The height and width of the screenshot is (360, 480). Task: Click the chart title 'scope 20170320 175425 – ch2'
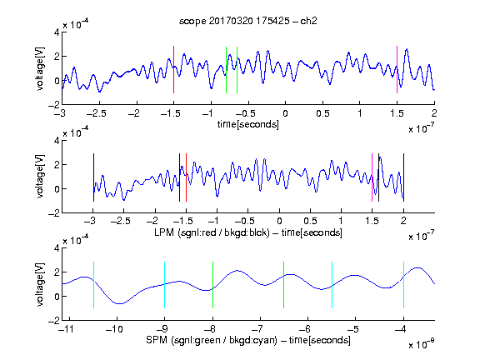248,21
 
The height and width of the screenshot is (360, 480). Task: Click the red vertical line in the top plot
173,69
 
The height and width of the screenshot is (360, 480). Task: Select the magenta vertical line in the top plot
397,69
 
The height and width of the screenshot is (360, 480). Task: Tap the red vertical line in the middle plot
186,177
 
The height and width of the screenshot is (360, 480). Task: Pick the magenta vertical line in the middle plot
372,177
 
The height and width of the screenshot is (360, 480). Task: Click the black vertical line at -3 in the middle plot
93,177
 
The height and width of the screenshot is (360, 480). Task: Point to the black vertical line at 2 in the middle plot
403,177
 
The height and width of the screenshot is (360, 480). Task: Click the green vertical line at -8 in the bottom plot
212,285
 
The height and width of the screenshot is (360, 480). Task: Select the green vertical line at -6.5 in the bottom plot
284,285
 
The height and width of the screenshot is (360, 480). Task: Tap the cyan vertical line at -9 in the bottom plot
165,285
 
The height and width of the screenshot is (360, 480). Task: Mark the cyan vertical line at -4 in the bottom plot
403,285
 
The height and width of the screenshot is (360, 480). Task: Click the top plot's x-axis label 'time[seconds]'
248,124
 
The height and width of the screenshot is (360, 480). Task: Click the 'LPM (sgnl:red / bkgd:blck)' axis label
212,232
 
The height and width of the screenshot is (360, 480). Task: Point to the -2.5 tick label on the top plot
97,113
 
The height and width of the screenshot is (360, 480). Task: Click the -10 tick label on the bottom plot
114,329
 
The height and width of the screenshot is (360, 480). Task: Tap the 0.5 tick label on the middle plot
310,221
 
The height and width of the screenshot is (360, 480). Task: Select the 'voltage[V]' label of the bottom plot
40,284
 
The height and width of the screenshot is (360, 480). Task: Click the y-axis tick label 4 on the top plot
57,32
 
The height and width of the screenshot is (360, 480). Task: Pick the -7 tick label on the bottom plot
259,329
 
